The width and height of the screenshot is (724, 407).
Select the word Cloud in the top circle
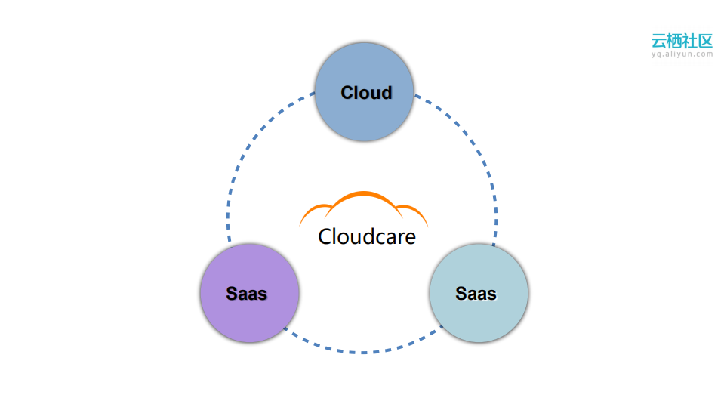[366, 93]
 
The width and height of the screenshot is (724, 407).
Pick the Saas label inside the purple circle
[247, 293]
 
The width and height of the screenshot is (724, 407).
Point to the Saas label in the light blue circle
[476, 293]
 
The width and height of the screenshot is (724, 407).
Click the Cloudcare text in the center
[367, 236]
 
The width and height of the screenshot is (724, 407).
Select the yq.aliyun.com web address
[682, 54]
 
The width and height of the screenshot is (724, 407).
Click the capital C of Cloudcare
[325, 236]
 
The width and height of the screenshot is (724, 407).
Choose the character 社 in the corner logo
[690, 40]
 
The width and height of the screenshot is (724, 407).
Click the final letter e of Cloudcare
[410, 238]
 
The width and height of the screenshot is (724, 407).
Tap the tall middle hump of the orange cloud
[364, 195]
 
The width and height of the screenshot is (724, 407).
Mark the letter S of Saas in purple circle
[232, 293]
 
